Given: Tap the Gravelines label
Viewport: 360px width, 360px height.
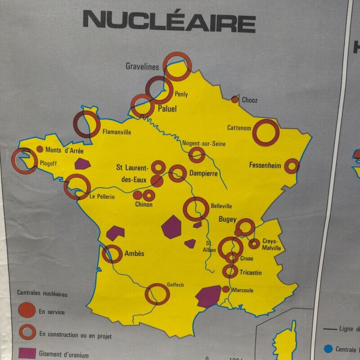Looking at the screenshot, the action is coord(142,67).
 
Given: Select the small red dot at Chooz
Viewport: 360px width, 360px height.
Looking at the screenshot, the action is coord(234,99).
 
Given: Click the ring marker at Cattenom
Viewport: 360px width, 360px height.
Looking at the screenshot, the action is coord(265,132).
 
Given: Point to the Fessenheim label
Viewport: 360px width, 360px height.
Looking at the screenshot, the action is coord(265,166).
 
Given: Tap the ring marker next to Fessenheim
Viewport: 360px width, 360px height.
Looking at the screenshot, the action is coord(292,166).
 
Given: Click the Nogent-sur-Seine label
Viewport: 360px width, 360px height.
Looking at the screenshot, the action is coord(204,144).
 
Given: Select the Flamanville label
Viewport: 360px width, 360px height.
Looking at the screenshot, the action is coord(117,132).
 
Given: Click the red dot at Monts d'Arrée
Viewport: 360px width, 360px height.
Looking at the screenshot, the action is coord(40,149).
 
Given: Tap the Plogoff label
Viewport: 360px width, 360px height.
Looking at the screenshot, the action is coord(48,163).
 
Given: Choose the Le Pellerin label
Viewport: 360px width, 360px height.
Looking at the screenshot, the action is coord(102,197).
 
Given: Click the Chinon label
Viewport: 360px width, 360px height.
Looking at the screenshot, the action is coord(144,205).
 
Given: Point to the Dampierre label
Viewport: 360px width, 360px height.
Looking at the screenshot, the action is coord(203,173).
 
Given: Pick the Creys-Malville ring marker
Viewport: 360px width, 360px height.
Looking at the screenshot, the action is coord(255,243).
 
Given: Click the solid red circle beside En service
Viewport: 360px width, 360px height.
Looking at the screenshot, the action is coord(27,310).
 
